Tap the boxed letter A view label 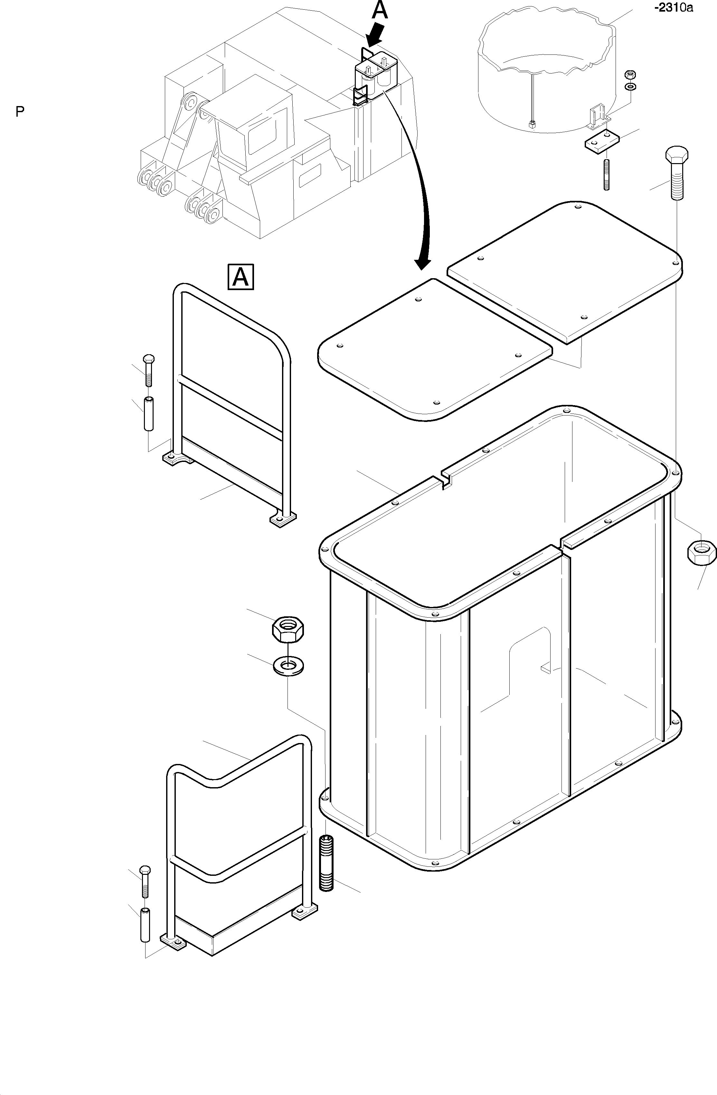(x=241, y=277)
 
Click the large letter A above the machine (x=380, y=10)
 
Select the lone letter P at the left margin (x=20, y=112)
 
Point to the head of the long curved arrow (x=422, y=264)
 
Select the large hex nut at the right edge (x=701, y=552)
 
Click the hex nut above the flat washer (x=288, y=630)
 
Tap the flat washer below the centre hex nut (x=288, y=665)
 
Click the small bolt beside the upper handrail (x=148, y=370)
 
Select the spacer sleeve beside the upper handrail (x=148, y=414)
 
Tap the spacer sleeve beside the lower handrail (x=145, y=925)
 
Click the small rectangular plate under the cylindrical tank (x=602, y=141)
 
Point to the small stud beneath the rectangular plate (x=606, y=174)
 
